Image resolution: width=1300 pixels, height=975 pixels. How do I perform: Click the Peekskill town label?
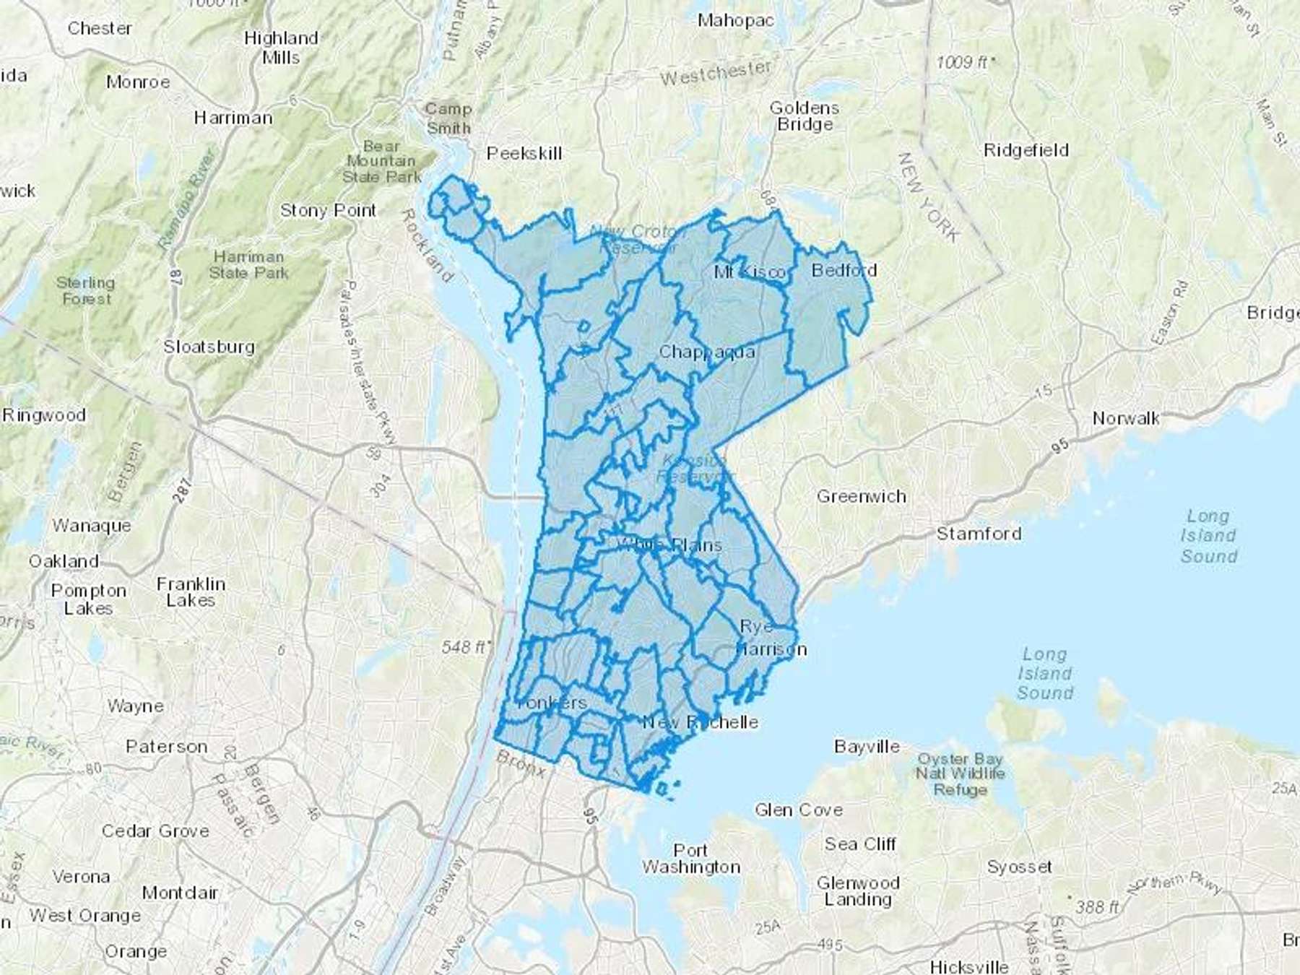pos(524,153)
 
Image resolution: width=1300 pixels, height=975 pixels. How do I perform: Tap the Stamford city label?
pos(979,534)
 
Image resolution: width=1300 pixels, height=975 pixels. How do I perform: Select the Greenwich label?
pos(861,496)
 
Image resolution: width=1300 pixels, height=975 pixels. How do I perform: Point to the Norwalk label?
pos(1125,418)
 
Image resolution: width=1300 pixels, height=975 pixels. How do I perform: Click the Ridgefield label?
pos(1026,150)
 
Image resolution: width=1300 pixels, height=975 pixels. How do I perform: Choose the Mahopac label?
pos(734,20)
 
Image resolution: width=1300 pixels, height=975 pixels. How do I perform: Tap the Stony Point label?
pos(329,210)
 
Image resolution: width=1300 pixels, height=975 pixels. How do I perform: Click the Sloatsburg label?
pos(209,347)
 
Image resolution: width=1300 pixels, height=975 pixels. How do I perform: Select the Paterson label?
pos(166,746)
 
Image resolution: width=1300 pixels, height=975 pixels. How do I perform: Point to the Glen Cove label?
pos(798,810)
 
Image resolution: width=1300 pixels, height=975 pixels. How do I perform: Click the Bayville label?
pos(867,746)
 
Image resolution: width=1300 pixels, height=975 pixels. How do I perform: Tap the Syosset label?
pos(1019,866)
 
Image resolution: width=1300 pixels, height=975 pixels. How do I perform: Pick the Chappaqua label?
pos(707,352)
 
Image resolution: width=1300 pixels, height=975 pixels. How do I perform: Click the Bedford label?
pos(844,270)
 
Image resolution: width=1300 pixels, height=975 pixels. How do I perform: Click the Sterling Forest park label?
pos(85,290)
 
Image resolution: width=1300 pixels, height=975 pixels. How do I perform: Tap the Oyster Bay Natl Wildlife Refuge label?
pos(960,774)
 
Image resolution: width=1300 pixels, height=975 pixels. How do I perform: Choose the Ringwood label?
pos(44,415)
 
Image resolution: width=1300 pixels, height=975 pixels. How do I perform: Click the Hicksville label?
pos(968,966)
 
